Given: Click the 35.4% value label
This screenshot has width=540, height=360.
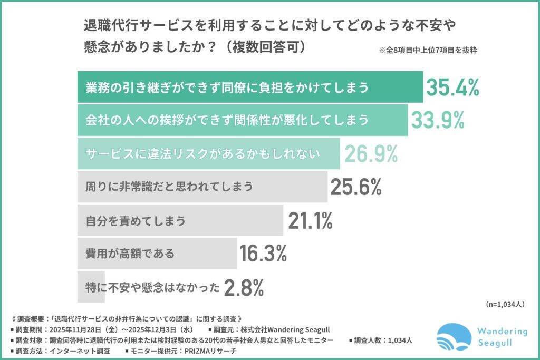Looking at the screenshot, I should click(x=452, y=88).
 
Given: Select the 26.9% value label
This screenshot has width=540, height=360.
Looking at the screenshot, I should click(x=371, y=153).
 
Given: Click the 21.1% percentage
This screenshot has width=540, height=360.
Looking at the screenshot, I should click(x=311, y=221).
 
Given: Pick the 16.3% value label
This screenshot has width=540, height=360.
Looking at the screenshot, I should click(x=263, y=254).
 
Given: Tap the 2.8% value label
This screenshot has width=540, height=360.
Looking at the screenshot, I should click(x=244, y=288).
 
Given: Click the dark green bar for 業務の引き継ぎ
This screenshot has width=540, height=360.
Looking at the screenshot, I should click(x=250, y=87).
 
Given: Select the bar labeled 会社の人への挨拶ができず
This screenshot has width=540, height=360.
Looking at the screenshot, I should click(x=243, y=120).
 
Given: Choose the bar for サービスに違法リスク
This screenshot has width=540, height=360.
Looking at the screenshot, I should click(x=209, y=153).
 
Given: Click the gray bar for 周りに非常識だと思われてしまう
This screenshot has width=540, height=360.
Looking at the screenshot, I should click(x=201, y=187).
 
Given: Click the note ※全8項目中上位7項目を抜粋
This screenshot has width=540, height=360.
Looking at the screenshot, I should click(x=428, y=51).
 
